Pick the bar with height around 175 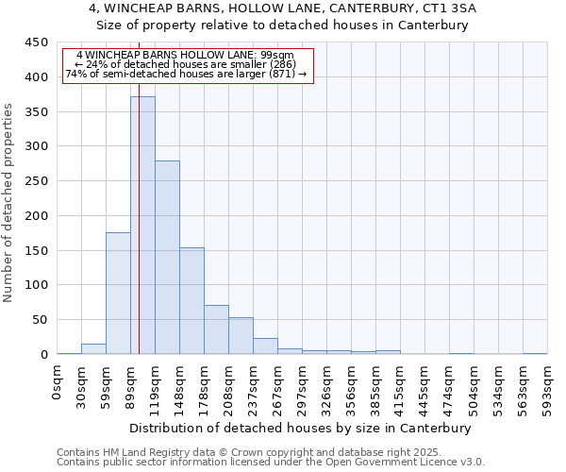(x=118, y=294)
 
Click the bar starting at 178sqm (x=216, y=329)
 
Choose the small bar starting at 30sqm (x=93, y=349)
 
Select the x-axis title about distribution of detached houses (x=302, y=429)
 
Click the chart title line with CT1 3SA (x=283, y=8)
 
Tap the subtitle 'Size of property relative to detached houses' (x=283, y=25)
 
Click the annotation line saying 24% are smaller (x=185, y=64)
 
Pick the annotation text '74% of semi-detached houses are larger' (x=185, y=74)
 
